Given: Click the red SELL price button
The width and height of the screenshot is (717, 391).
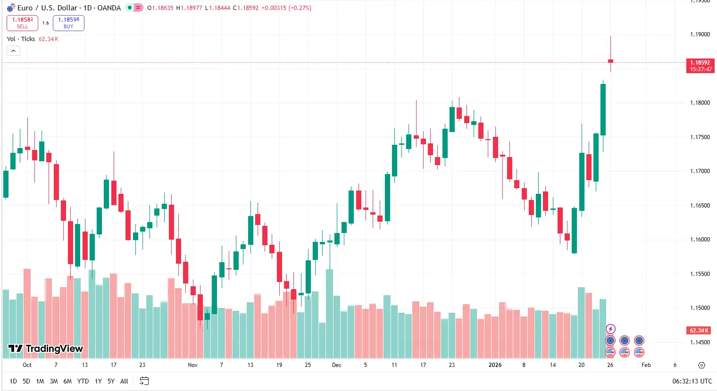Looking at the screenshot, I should (x=22, y=23).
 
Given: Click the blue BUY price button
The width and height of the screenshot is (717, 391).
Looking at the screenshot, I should (x=68, y=23).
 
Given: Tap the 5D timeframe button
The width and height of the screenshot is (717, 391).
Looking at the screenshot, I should (x=26, y=381).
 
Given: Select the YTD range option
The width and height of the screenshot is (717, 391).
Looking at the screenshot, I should (x=83, y=381).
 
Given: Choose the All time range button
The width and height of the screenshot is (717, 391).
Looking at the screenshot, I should (x=124, y=381).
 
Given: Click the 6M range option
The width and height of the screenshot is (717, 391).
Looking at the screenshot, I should (x=67, y=381).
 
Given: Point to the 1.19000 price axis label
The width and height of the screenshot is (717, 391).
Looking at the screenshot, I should (x=700, y=34).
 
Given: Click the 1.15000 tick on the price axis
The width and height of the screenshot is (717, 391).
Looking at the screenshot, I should (x=700, y=308).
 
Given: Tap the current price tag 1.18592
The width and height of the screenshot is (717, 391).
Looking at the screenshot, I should (x=700, y=63).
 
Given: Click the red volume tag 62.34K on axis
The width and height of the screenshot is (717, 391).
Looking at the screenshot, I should (x=699, y=331).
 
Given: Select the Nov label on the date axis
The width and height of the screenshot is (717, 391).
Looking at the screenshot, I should (x=192, y=365).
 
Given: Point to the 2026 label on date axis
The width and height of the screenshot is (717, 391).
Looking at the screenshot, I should (x=495, y=365).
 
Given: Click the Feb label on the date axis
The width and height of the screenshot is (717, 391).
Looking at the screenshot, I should (x=646, y=365).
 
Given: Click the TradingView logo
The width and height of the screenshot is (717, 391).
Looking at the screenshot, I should (x=46, y=349).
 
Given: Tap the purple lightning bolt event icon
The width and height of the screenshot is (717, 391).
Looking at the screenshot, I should (x=610, y=329).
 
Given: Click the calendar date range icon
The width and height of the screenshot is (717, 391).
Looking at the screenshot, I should (x=144, y=381).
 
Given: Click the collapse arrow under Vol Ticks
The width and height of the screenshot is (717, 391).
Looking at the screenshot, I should (x=13, y=51).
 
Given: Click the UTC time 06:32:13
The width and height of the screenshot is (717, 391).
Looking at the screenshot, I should (x=692, y=381).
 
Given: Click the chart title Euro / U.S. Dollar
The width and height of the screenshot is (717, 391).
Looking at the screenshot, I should (x=47, y=8).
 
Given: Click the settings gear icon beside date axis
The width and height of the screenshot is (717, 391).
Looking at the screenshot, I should (x=701, y=365).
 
